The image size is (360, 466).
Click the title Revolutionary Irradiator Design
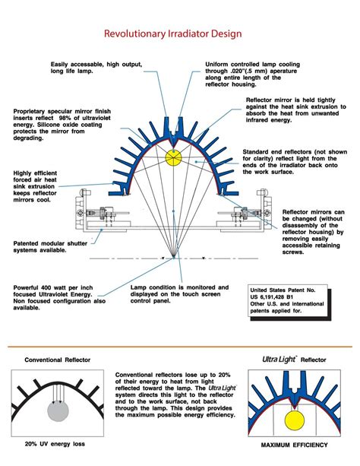[x=179, y=34]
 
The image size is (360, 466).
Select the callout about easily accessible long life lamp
[x=85, y=68]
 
